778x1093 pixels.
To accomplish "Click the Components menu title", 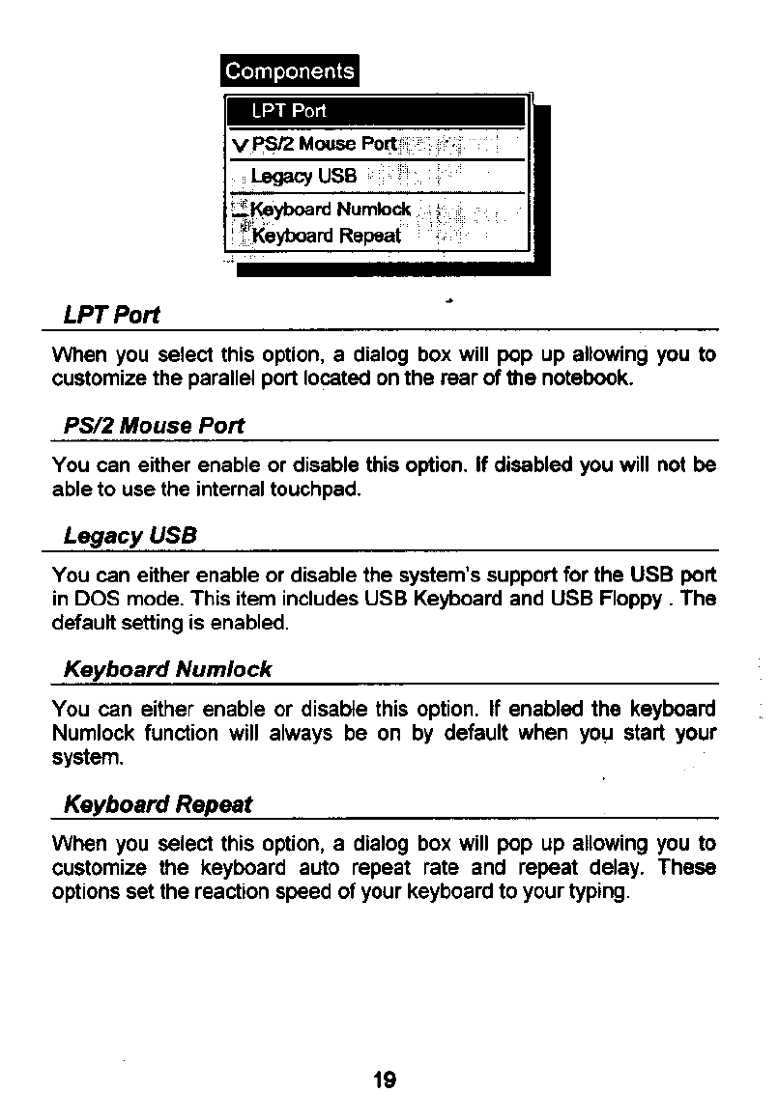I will (x=289, y=71).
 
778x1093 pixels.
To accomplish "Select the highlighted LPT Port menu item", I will (x=289, y=111).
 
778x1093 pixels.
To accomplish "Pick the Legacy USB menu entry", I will (x=303, y=177).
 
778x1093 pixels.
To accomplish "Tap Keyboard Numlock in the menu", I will (x=331, y=210).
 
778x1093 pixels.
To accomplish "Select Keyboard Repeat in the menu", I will (x=325, y=235).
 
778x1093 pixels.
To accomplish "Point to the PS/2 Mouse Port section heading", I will (x=154, y=426).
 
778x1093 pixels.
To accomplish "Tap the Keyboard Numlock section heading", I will (x=167, y=669).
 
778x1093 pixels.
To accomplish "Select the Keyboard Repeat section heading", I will (x=157, y=804).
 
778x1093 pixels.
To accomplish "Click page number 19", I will (x=385, y=1079).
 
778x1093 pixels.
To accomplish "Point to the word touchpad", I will (x=320, y=490).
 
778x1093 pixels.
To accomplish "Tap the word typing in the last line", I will (x=599, y=891).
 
